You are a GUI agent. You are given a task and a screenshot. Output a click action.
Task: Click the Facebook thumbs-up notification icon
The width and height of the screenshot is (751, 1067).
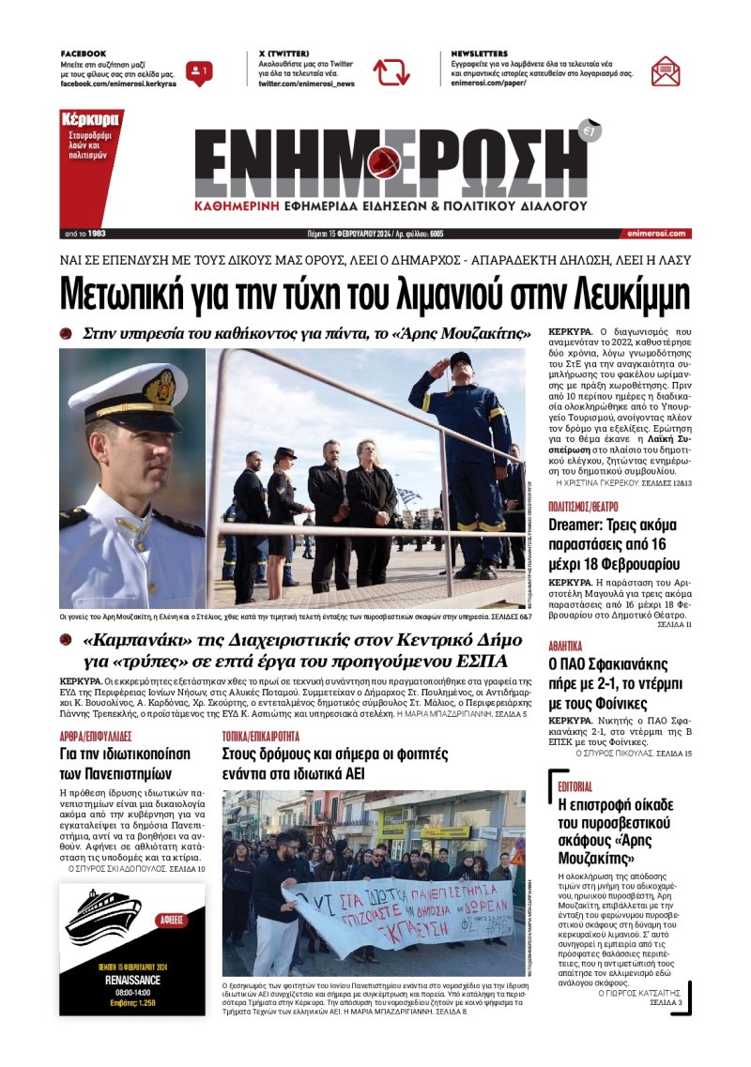click(199, 71)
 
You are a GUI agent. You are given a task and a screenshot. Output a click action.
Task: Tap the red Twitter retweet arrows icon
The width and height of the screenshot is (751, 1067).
click(391, 72)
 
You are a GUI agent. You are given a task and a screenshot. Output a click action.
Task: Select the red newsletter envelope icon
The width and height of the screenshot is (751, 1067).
click(666, 71)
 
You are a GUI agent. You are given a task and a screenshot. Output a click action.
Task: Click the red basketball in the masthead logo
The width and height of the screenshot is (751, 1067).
click(386, 162)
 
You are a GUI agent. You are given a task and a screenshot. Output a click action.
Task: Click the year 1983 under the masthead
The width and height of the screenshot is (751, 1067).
click(97, 233)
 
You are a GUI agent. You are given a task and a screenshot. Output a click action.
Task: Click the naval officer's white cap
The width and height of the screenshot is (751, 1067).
click(129, 391)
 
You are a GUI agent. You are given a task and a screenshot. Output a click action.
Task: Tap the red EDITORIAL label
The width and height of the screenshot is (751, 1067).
click(575, 785)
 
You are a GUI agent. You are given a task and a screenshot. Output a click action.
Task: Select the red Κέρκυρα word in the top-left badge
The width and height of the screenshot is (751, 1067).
click(90, 120)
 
